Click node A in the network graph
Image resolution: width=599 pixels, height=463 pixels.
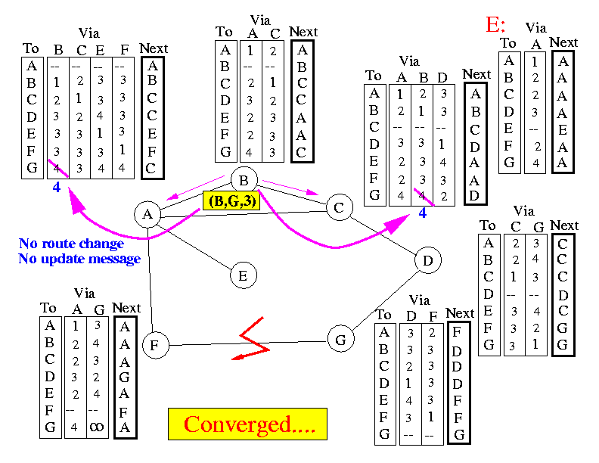tap(148, 214)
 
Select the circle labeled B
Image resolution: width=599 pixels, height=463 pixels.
tap(244, 180)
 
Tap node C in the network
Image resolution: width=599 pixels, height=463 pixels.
tap(339, 207)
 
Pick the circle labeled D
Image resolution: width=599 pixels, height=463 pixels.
tap(428, 261)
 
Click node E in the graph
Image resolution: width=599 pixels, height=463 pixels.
tap(242, 275)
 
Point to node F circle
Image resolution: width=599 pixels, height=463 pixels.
tap(154, 346)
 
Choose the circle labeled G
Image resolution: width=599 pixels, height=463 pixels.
tap(341, 340)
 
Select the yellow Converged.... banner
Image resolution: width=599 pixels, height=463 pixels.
tap(247, 424)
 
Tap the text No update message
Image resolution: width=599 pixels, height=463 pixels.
tap(79, 259)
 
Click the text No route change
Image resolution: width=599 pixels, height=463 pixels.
tap(71, 244)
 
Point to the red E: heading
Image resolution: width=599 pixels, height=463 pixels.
tap(496, 26)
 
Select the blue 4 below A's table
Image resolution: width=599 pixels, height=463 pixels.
tap(56, 186)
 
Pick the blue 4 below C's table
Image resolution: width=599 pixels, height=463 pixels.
tap(423, 213)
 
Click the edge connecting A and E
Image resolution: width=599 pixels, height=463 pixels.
tap(195, 244)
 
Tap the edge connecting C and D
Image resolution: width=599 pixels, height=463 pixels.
tap(384, 235)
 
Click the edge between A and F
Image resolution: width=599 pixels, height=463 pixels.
tap(151, 280)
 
